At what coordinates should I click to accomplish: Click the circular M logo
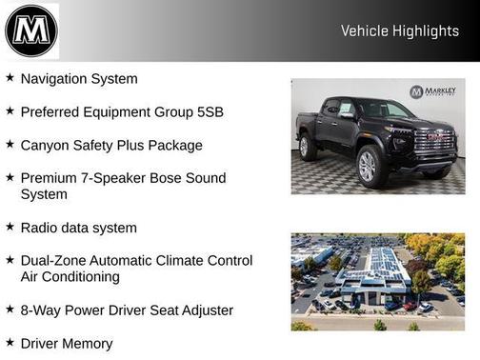[31, 30]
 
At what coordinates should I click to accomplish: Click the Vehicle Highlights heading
[400, 31]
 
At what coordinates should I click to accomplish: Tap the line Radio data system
[79, 229]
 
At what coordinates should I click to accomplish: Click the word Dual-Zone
[55, 260]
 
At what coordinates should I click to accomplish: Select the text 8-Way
[40, 310]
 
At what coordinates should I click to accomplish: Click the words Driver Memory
[67, 344]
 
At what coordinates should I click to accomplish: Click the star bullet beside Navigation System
[10, 78]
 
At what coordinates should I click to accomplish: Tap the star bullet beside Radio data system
[10, 228]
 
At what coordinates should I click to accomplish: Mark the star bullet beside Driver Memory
[10, 343]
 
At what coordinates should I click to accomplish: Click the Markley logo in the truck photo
[434, 91]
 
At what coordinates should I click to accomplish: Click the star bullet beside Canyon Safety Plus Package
[10, 145]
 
